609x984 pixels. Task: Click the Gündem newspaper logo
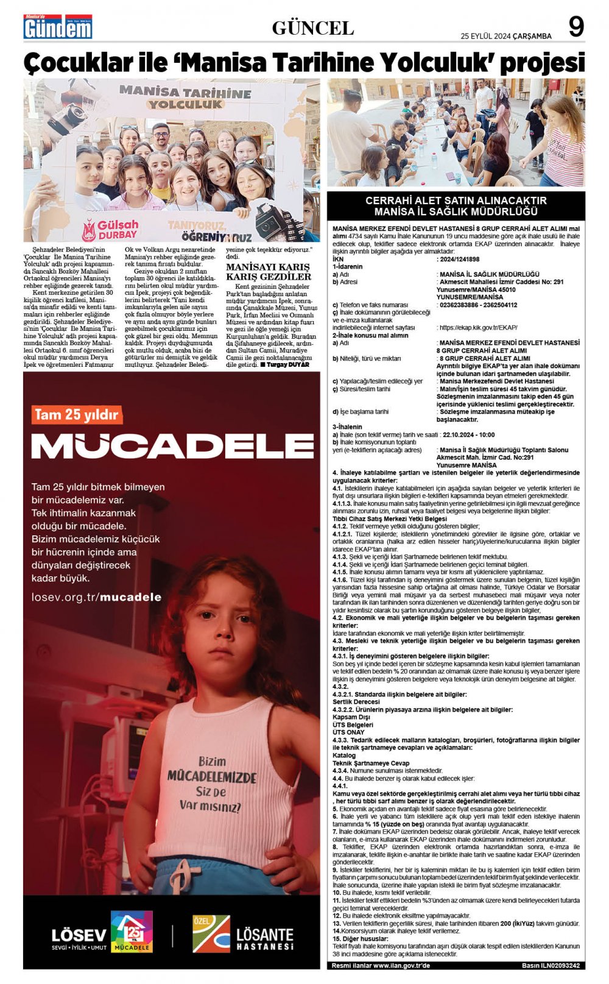click(58, 27)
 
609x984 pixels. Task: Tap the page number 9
click(576, 27)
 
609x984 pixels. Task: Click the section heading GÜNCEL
click(312, 28)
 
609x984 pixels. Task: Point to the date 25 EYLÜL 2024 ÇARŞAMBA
click(506, 36)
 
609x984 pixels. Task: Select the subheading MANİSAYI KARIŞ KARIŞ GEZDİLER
click(269, 272)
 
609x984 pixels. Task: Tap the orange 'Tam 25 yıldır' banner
click(76, 415)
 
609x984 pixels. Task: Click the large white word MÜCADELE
click(172, 447)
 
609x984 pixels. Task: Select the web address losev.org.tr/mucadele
click(96, 597)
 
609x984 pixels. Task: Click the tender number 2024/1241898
click(458, 259)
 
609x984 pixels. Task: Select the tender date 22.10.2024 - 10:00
click(468, 435)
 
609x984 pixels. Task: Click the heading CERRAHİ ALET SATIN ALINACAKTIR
click(456, 200)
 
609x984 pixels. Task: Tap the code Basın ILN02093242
click(550, 966)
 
